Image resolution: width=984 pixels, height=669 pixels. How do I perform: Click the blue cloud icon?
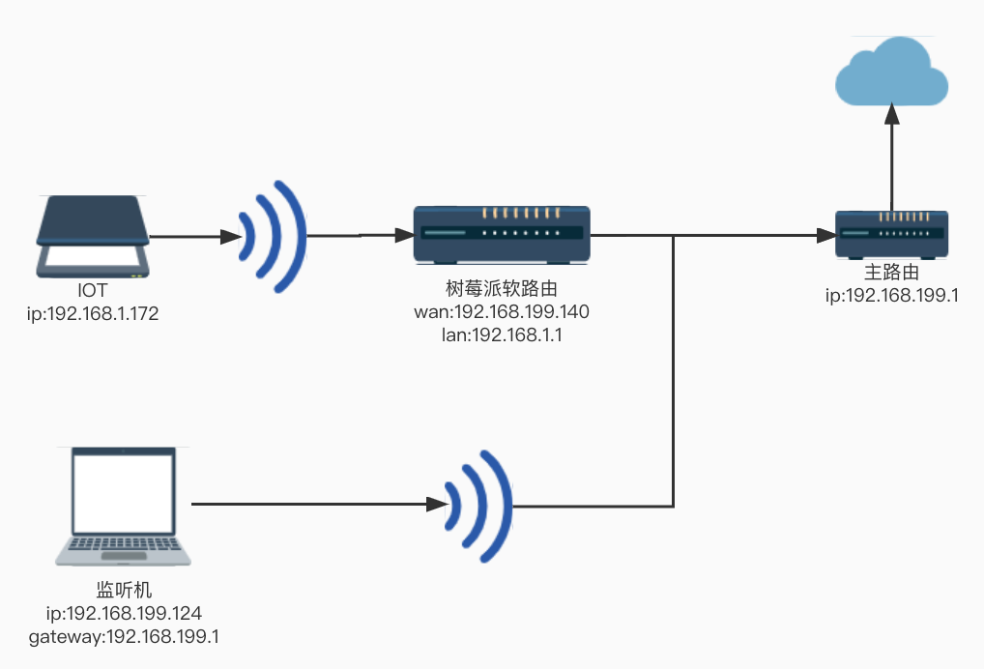(891, 71)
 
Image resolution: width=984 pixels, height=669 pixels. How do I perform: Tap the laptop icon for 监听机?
(122, 507)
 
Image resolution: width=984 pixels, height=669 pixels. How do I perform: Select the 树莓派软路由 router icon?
(502, 234)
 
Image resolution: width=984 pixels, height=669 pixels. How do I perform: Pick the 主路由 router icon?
(891, 234)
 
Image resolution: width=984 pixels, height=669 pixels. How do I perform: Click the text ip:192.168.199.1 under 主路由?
(890, 296)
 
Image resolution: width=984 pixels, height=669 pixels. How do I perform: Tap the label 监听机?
(123, 590)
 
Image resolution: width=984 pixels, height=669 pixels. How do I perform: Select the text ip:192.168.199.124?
(123, 613)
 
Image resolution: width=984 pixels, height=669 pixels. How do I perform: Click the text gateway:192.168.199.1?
(123, 636)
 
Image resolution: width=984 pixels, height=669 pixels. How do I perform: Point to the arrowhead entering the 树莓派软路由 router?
(403, 235)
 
